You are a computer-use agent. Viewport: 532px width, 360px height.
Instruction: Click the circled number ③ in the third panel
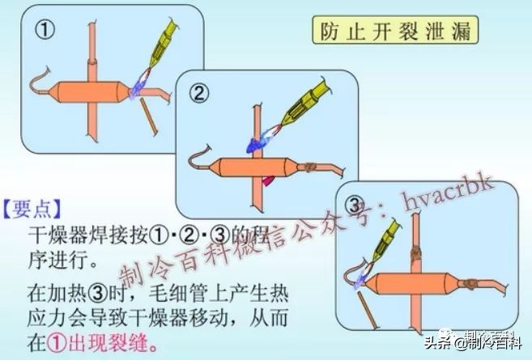tap(355, 202)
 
